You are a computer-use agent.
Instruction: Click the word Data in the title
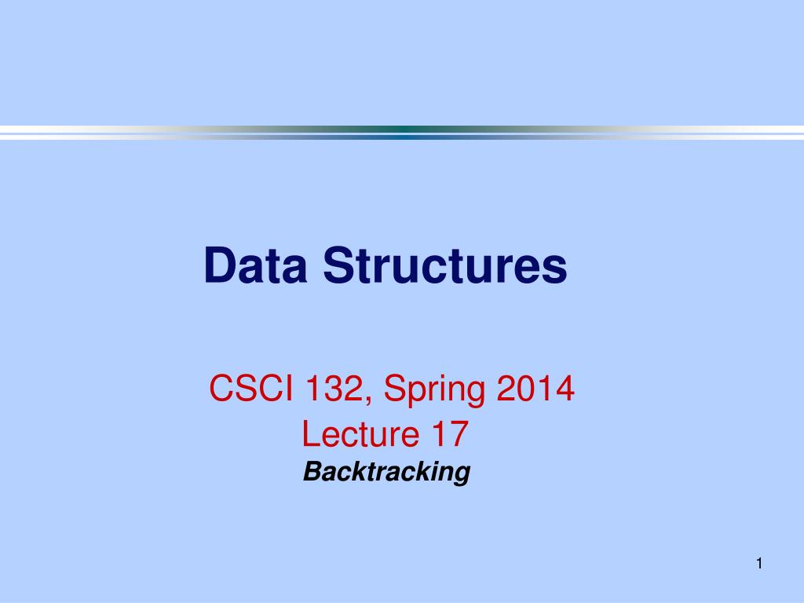[256, 265]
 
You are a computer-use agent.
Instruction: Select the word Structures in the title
[445, 265]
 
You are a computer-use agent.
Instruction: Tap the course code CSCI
[251, 388]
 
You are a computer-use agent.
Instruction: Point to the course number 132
[334, 388]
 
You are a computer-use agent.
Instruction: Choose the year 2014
[535, 388]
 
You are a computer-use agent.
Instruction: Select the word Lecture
[360, 433]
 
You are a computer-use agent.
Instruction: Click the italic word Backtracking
[386, 472]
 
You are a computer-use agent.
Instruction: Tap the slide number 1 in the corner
[759, 564]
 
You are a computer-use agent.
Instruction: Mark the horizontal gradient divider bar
[402, 133]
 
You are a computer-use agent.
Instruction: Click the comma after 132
[368, 402]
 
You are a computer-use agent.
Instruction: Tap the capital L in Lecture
[310, 433]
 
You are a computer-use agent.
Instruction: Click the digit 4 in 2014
[565, 388]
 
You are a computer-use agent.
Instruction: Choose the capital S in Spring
[395, 388]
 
